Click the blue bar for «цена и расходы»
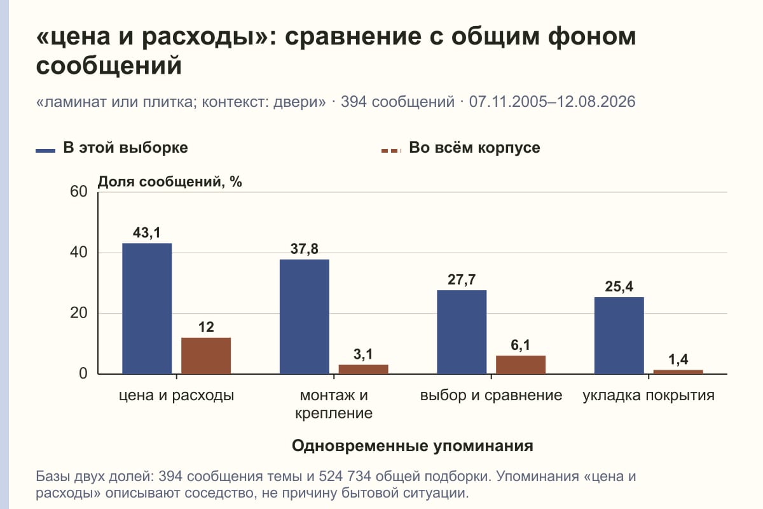147,309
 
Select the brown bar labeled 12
206,356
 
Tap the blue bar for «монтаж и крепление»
305,317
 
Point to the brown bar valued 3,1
364,369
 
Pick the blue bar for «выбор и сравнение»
462,332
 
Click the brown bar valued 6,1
521,365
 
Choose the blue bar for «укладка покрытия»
619,335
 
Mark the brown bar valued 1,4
678,372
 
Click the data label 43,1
146,233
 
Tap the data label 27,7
462,280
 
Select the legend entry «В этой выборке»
112,148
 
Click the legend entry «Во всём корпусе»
460,148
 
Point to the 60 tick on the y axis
79,192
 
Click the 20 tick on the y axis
79,313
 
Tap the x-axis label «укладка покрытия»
649,396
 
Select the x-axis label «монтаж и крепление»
334,404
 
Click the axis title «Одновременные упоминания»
413,446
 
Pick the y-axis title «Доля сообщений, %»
170,182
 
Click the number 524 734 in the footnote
345,477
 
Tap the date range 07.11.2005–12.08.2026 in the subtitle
552,102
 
